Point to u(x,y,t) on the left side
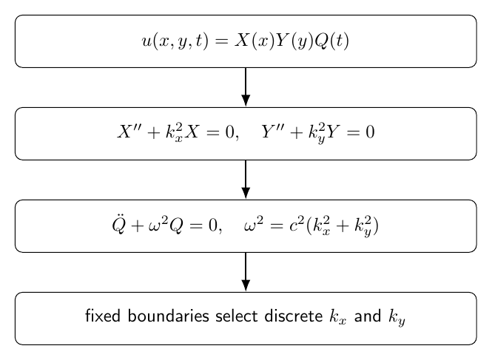[175, 41]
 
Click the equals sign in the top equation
[221, 41]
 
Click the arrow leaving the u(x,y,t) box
[246, 87]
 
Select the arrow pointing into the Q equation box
[246, 180]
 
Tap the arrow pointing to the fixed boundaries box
[246, 271]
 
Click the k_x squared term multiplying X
[175, 133]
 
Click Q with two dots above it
[119, 224]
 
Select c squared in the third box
[297, 224]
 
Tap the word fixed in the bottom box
[103, 316]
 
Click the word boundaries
[168, 316]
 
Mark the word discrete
[294, 316]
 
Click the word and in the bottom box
[368, 316]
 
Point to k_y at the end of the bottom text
[397, 317]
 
